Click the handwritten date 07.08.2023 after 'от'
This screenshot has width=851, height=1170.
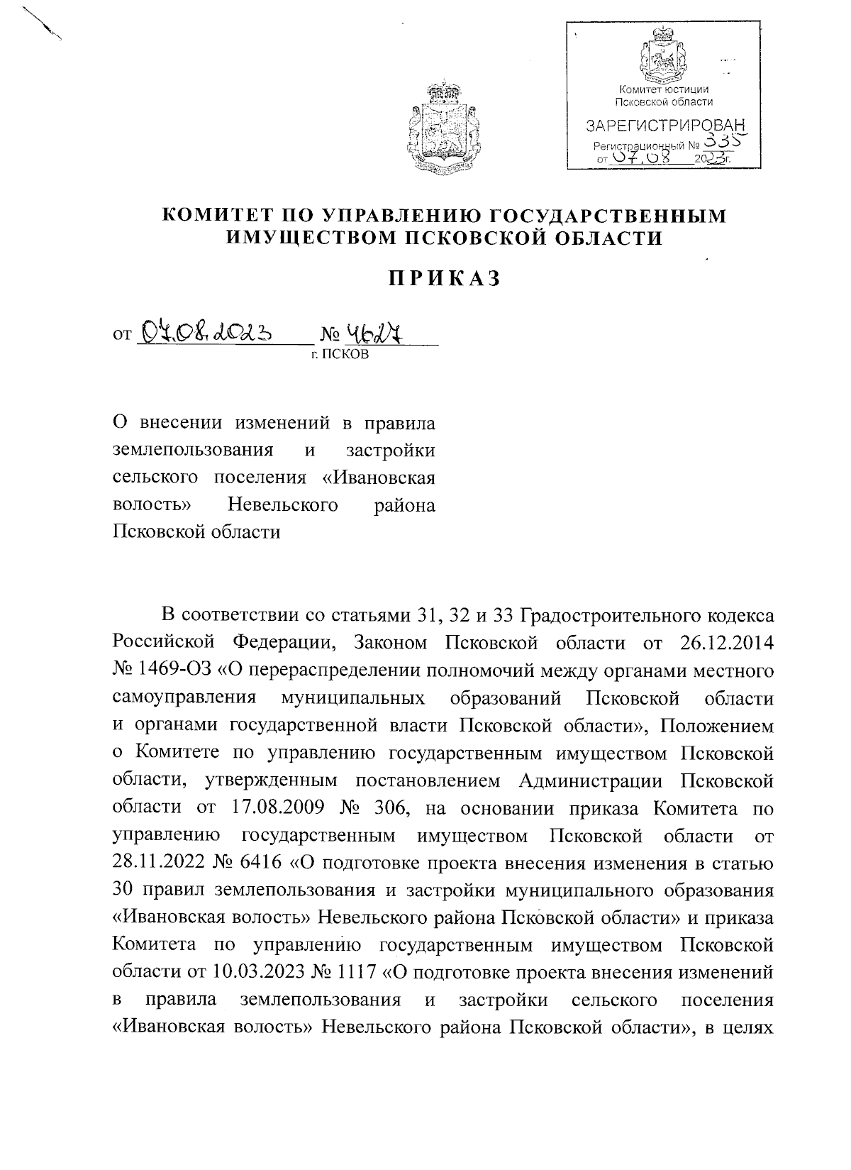[205, 331]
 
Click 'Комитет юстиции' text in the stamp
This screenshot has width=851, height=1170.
[664, 89]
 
